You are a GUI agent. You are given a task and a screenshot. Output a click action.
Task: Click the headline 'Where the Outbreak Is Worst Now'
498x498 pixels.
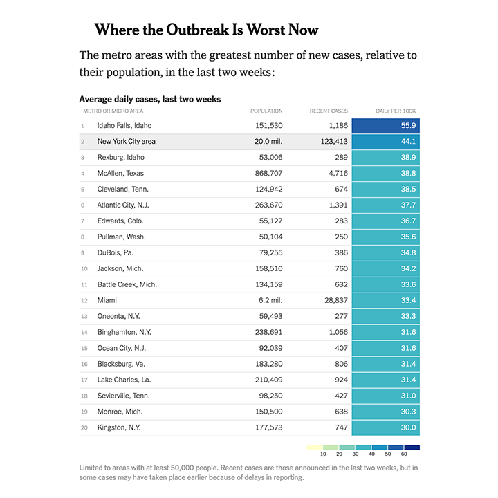pos(206,30)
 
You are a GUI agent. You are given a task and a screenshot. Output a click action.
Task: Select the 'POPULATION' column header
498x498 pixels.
pos(266,111)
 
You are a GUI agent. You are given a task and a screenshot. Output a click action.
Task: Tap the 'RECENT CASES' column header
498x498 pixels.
pos(329,111)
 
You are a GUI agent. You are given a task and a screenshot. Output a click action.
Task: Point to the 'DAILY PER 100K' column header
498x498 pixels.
pos(396,111)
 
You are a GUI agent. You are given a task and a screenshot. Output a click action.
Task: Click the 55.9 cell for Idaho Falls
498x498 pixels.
pos(386,126)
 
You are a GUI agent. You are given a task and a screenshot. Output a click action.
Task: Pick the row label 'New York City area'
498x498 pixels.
pos(126,142)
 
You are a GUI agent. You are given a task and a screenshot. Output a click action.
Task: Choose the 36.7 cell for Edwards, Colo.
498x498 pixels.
pos(386,221)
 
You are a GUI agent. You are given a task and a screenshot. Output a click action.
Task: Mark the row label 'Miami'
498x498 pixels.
pos(107,301)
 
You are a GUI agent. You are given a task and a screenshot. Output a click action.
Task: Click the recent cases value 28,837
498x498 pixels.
pos(331,301)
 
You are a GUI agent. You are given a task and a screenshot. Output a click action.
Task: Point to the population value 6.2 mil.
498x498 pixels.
pos(269,301)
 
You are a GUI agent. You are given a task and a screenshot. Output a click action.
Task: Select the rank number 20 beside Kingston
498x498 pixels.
pos(83,428)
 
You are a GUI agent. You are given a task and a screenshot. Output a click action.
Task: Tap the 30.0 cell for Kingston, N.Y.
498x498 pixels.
pos(386,428)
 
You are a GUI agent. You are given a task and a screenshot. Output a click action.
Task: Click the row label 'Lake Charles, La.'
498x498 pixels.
pos(124,380)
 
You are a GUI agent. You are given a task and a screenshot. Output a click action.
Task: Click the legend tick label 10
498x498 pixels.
pos(323,454)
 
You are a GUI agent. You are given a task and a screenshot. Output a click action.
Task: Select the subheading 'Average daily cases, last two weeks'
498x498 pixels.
pos(150,100)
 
